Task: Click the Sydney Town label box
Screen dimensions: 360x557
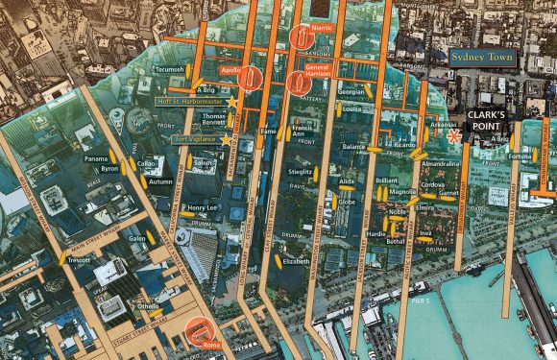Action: click(483, 57)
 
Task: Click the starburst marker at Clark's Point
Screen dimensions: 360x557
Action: click(453, 137)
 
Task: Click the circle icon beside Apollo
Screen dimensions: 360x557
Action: click(254, 77)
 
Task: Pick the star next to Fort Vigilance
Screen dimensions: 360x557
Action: click(227, 140)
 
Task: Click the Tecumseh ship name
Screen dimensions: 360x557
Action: click(169, 70)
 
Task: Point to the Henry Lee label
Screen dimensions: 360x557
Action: click(202, 207)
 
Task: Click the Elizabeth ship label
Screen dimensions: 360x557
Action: click(296, 260)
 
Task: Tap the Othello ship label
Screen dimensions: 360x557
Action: click(148, 306)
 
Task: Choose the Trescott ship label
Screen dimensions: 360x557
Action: click(79, 260)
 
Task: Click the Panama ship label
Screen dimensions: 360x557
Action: click(96, 158)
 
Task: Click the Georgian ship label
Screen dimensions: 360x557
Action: click(351, 92)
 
